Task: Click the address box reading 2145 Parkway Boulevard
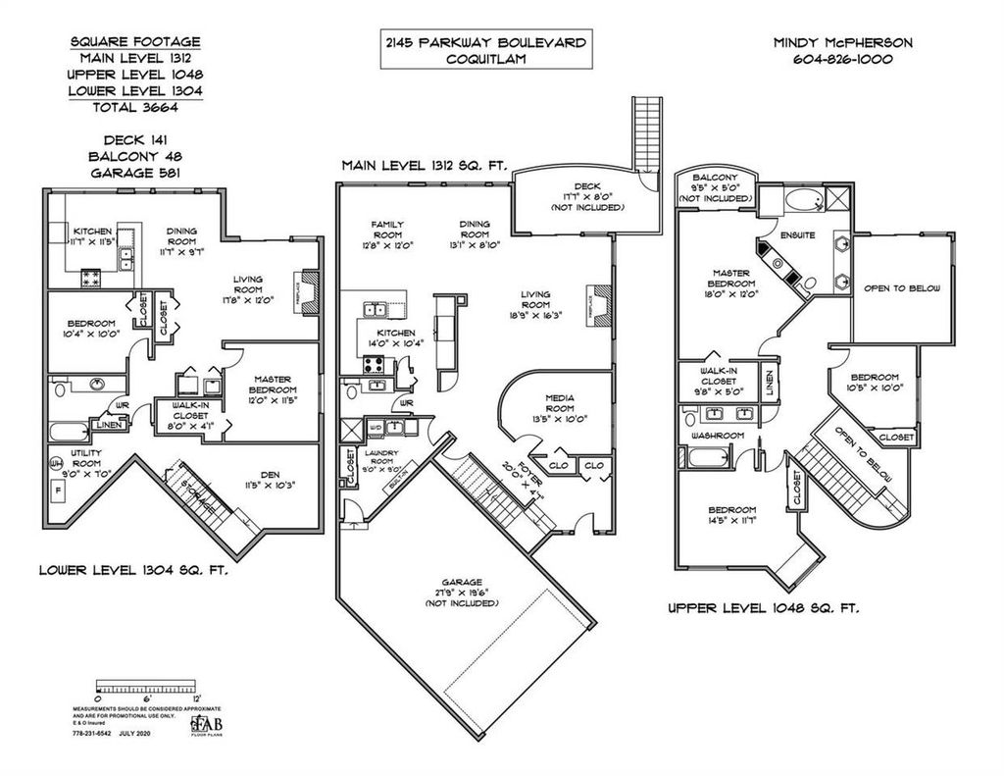tap(487, 49)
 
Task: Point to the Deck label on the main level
tap(585, 185)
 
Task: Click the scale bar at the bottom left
tap(145, 683)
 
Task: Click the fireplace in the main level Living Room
tap(598, 296)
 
